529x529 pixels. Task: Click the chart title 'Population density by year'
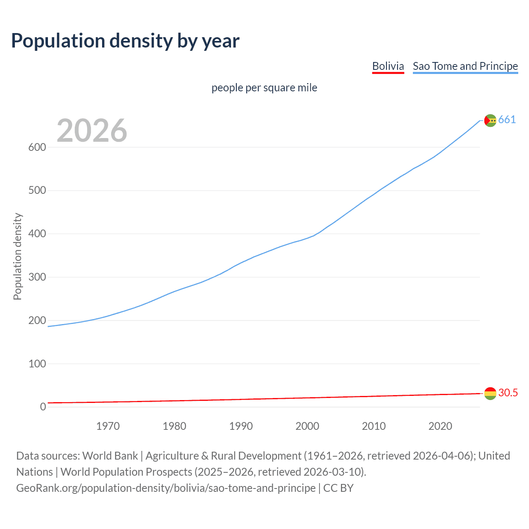pos(125,41)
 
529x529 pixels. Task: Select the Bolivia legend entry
pos(388,66)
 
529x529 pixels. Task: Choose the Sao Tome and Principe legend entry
pos(465,66)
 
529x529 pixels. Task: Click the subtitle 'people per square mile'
pos(264,88)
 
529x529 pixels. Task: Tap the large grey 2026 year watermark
pos(92,131)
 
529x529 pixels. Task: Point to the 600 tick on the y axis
pos(37,148)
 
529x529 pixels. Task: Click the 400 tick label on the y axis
pos(37,234)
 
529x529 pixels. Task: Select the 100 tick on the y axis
pos(37,364)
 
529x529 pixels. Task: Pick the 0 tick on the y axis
pos(43,407)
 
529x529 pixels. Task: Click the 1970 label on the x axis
pos(108,426)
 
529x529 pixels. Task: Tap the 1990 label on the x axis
pos(241,426)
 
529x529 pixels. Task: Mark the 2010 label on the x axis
pos(374,426)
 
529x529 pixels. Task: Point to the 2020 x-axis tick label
pos(440,426)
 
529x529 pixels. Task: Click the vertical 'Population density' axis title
pos(17,256)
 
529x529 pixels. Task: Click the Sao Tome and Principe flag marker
pos(490,120)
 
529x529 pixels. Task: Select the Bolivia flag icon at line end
pos(490,393)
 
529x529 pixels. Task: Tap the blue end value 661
pos(507,120)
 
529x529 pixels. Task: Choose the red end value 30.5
pos(508,393)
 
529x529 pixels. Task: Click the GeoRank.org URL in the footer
pos(166,488)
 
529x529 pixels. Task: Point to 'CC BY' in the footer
pos(338,488)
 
